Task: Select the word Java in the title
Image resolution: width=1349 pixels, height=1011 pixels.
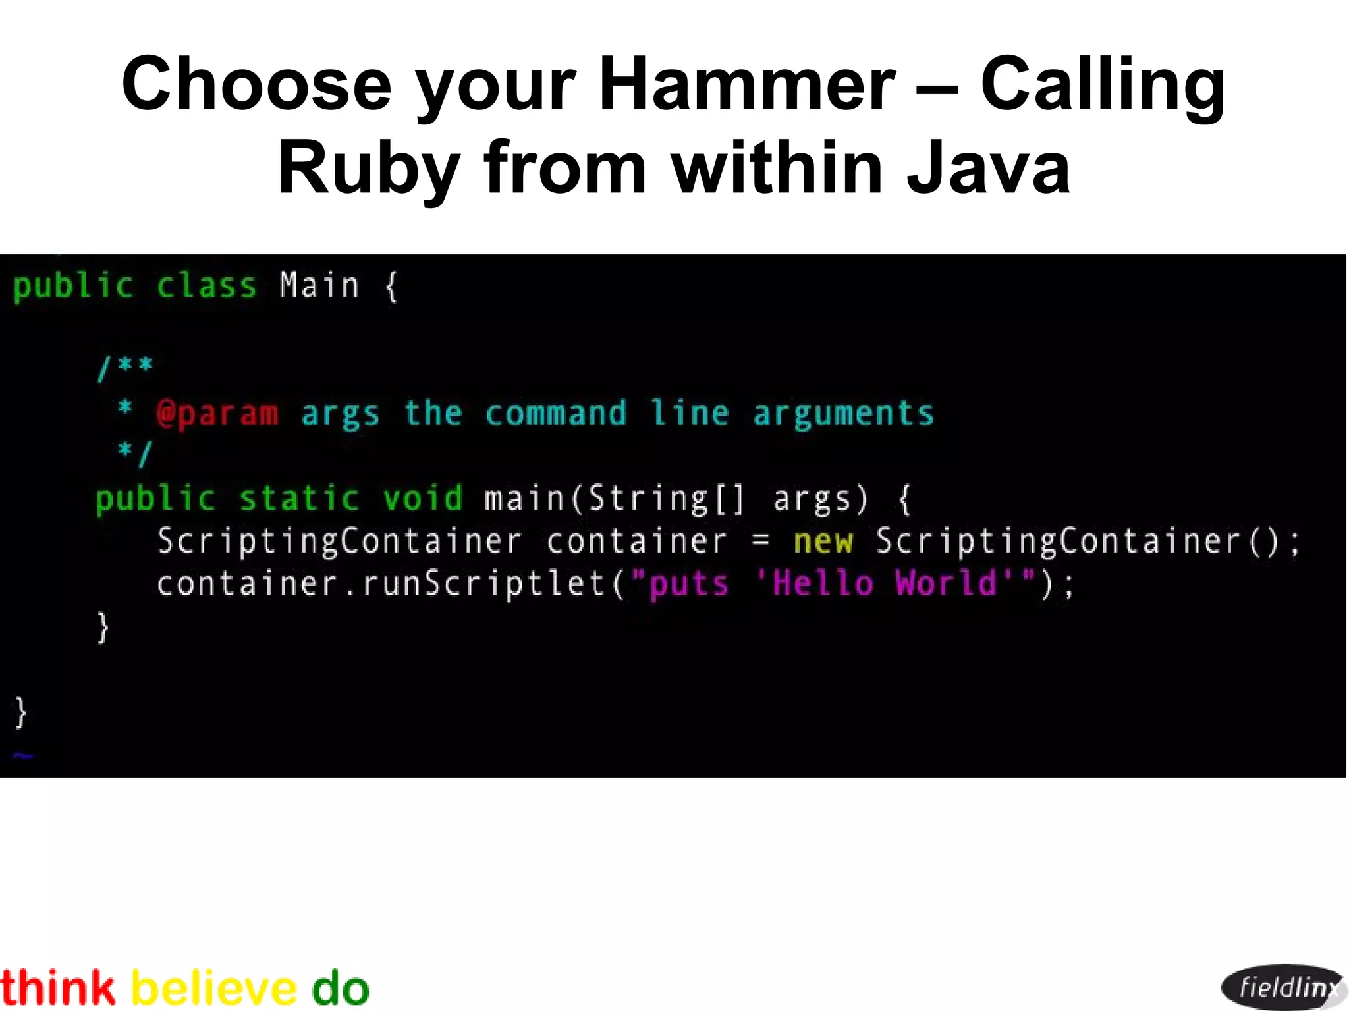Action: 988,169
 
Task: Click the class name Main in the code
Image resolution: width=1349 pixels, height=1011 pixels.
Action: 319,286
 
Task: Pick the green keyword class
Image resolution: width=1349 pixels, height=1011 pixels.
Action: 206,286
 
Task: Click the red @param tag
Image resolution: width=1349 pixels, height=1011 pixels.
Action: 217,414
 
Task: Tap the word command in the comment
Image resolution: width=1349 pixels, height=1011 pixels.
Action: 555,414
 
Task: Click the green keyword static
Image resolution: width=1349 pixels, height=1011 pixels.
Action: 299,498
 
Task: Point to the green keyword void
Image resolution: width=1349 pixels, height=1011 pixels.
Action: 423,498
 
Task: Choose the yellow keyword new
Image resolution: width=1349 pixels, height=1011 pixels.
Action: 823,541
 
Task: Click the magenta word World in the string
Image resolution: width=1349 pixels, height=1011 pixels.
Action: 946,584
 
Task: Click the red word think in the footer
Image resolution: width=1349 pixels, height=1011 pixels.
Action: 57,988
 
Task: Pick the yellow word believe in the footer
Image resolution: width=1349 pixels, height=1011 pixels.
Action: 214,988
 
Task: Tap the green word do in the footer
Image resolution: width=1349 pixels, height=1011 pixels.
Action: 340,988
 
